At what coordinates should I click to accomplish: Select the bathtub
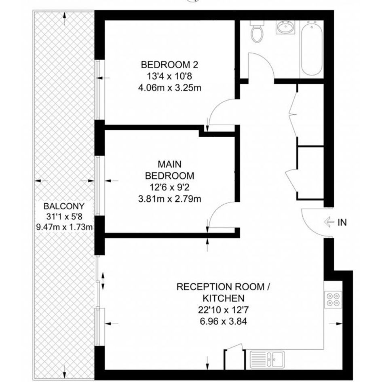pyautogui.click(x=312, y=48)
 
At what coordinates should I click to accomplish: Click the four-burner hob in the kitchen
pyautogui.click(x=333, y=299)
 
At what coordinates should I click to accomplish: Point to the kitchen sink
pyautogui.click(x=267, y=360)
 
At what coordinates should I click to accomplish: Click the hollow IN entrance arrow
pyautogui.click(x=329, y=222)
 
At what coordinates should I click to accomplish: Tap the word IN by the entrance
pyautogui.click(x=342, y=222)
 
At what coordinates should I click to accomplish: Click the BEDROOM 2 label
pyautogui.click(x=169, y=65)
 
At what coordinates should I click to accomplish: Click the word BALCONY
pyautogui.click(x=64, y=206)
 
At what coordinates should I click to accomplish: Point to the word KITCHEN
pyautogui.click(x=224, y=298)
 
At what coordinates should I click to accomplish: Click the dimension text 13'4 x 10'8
pyautogui.click(x=169, y=76)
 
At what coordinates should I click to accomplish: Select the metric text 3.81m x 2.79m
pyautogui.click(x=169, y=199)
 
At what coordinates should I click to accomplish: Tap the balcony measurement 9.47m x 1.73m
pyautogui.click(x=64, y=227)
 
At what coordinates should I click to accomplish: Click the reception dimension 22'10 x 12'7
pyautogui.click(x=224, y=310)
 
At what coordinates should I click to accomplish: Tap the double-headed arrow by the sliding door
pyautogui.click(x=103, y=281)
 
